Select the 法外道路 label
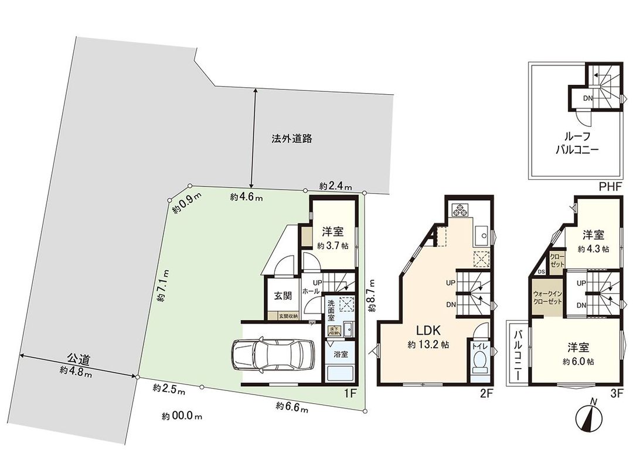pos(291,139)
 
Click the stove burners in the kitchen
pos(458,209)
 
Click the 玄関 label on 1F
pos(283,296)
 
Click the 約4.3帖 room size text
pos(593,248)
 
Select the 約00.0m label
pos(182,417)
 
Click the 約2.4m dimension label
pos(336,186)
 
